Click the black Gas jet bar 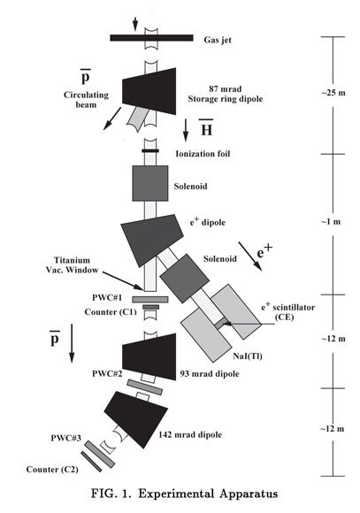click(x=151, y=38)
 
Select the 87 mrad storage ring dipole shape click(x=149, y=91)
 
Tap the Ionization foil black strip click(x=150, y=151)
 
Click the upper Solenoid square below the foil click(x=150, y=183)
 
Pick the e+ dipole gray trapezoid click(x=150, y=239)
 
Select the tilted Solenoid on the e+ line click(x=184, y=279)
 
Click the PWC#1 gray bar click(x=150, y=299)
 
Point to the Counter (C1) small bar click(x=150, y=307)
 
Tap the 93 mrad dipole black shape click(x=149, y=357)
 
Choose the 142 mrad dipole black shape click(x=137, y=419)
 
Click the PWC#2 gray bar click(x=145, y=387)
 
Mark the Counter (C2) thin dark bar click(x=91, y=462)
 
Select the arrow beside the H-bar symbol click(x=186, y=130)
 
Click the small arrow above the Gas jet click(x=135, y=24)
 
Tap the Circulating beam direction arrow click(x=112, y=119)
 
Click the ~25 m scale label click(x=333, y=93)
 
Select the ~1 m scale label click(x=331, y=221)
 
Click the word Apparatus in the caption click(x=249, y=494)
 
